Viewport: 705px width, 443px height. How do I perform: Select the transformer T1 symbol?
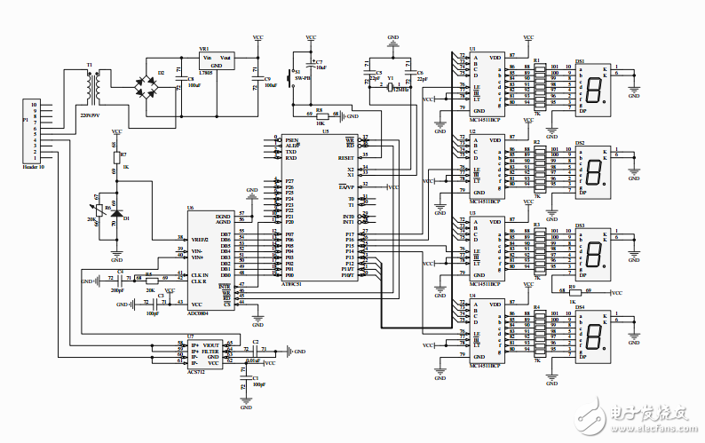(91, 87)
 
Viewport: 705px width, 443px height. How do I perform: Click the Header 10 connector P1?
(35, 133)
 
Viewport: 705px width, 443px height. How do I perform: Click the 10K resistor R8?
(320, 115)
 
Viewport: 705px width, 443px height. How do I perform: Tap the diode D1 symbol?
(116, 213)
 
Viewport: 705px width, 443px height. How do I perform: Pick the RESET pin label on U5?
(345, 157)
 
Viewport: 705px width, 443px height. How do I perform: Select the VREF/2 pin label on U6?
(198, 238)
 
